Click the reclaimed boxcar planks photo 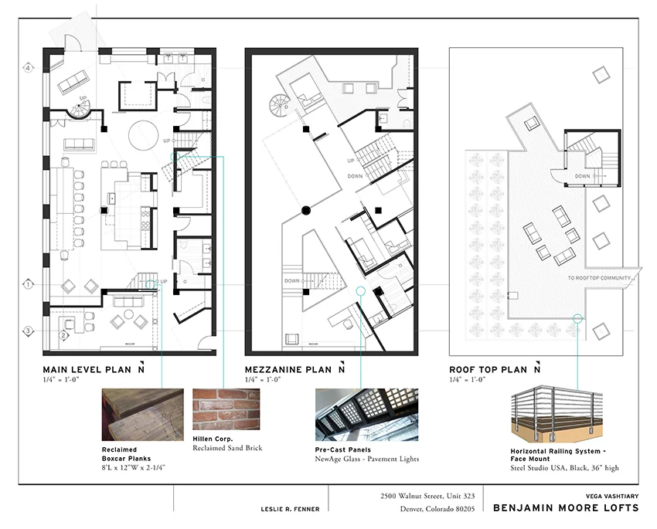pos(142,414)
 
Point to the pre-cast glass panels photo pos(366,415)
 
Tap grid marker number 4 pos(28,68)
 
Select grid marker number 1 pos(28,284)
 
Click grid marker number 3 pos(28,331)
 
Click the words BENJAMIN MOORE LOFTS pos(566,507)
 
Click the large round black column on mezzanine pos(306,209)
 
